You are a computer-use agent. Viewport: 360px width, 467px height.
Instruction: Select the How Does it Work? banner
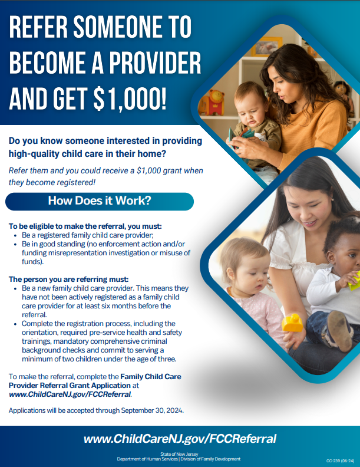click(99, 201)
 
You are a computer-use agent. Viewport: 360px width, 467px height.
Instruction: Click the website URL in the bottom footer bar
click(180, 439)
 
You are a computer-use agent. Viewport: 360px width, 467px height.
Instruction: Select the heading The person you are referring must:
click(68, 279)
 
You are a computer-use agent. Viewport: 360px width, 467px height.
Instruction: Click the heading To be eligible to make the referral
click(85, 226)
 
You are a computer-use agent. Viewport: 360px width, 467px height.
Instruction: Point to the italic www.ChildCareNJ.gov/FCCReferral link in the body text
click(70, 393)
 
